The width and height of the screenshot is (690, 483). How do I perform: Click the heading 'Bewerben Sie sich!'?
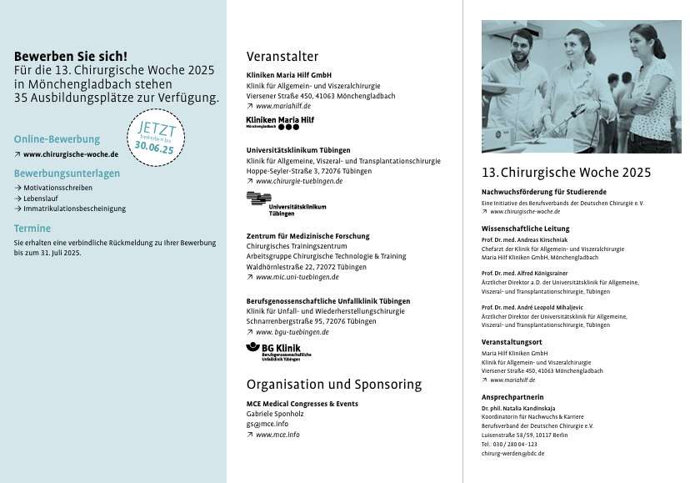[x=71, y=57]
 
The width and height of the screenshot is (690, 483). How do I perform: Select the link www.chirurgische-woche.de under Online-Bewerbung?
[x=70, y=154]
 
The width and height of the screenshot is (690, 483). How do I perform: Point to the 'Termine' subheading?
[x=32, y=228]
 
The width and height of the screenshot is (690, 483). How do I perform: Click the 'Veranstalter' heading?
[x=282, y=57]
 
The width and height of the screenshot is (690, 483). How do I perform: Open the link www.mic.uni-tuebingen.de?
[x=297, y=277]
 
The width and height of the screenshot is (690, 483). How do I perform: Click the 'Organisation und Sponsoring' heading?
[x=334, y=385]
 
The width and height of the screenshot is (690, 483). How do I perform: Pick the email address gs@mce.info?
[x=267, y=424]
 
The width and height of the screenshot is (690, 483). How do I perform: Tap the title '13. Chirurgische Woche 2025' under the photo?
[x=566, y=173]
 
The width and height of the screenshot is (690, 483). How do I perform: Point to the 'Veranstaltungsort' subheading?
[x=512, y=342]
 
